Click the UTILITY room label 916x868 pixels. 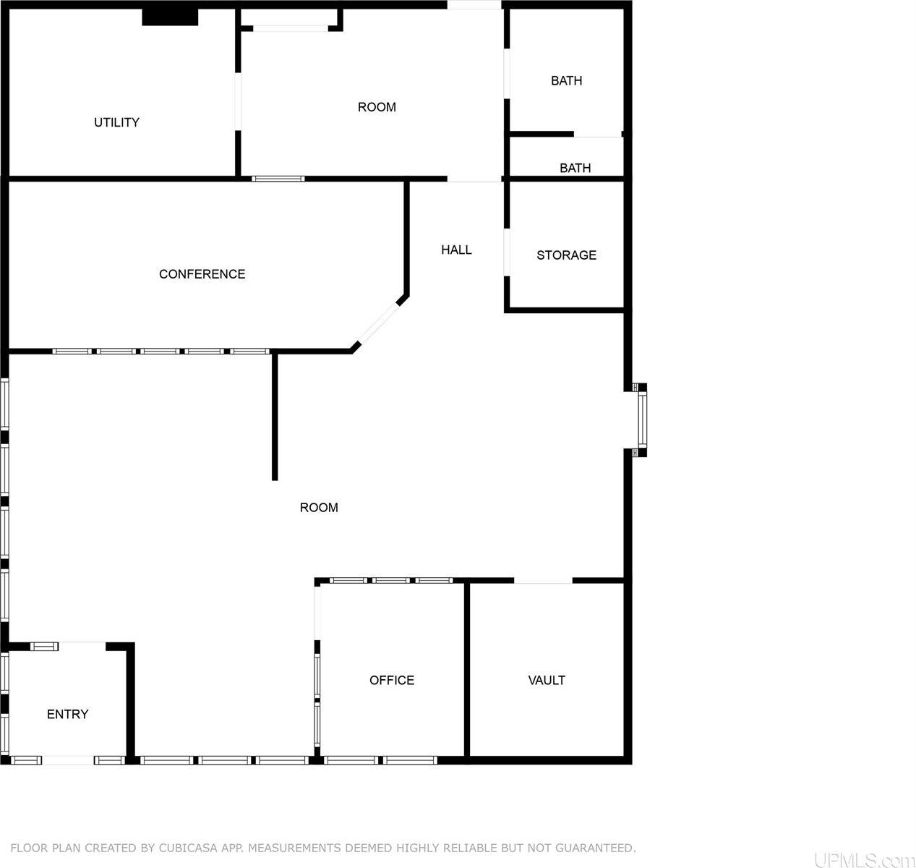click(x=116, y=122)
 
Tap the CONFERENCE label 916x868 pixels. click(x=202, y=274)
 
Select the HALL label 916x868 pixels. click(x=457, y=250)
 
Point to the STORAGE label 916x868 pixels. click(x=567, y=255)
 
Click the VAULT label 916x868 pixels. click(x=547, y=680)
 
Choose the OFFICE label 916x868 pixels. click(x=392, y=680)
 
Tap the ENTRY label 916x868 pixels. click(x=67, y=714)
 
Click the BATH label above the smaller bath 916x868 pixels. click(x=567, y=80)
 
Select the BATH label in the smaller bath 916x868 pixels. click(x=575, y=168)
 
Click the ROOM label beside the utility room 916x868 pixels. click(x=377, y=107)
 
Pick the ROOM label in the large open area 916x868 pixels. click(x=319, y=507)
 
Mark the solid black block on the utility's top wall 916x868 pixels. click(x=170, y=17)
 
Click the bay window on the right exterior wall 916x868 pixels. click(x=640, y=420)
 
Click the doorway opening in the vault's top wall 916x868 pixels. click(x=543, y=580)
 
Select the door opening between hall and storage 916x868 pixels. click(x=507, y=252)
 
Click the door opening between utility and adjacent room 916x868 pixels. click(x=238, y=101)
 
